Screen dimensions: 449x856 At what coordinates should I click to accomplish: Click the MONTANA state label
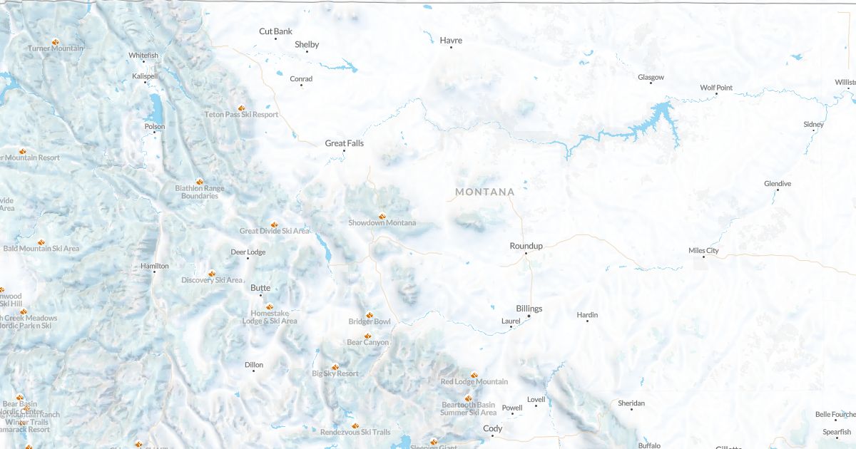point(485,192)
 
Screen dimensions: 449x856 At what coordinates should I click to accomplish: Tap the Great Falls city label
point(345,143)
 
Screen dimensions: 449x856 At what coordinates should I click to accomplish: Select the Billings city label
point(529,309)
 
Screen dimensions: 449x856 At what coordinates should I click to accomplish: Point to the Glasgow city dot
point(651,83)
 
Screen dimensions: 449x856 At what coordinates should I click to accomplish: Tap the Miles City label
point(703,251)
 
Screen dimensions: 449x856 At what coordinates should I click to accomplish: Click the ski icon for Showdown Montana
point(382,215)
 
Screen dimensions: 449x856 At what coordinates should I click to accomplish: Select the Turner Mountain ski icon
point(56,41)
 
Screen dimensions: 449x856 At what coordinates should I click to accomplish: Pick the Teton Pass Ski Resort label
point(241,114)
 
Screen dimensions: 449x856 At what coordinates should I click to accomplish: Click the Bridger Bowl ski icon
point(370,314)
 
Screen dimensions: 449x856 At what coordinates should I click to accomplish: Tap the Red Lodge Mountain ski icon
point(474,374)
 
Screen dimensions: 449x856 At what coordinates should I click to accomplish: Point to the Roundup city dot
point(526,253)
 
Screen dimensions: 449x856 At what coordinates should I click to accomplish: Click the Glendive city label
point(778,184)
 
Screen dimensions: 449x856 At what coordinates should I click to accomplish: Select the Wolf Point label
point(716,88)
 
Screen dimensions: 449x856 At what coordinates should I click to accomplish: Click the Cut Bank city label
point(275,31)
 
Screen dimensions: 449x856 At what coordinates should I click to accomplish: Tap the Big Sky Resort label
point(335,373)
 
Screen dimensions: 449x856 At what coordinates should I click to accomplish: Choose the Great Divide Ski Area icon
point(274,224)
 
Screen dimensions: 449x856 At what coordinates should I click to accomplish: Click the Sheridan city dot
point(631,409)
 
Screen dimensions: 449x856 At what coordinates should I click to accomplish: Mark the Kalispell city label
point(145,76)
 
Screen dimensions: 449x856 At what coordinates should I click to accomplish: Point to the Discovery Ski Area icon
point(212,273)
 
